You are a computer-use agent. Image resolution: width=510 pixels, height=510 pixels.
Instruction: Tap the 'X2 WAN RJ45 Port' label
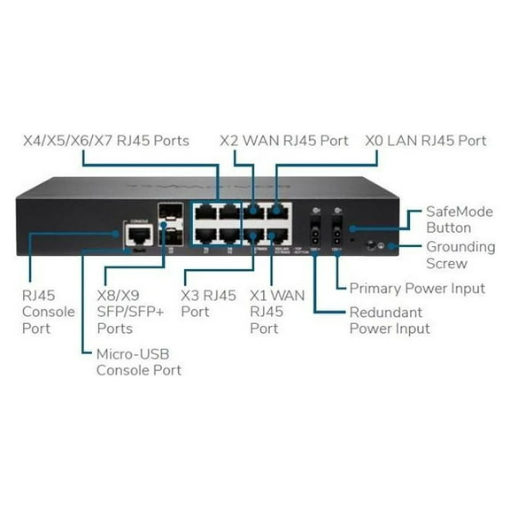pyautogui.click(x=284, y=140)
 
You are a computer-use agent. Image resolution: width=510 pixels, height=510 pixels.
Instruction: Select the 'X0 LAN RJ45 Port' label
pyautogui.click(x=426, y=140)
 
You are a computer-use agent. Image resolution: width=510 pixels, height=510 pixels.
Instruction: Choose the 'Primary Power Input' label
pyautogui.click(x=417, y=288)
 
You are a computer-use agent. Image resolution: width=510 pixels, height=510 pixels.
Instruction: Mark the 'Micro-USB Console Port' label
pyautogui.click(x=137, y=361)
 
